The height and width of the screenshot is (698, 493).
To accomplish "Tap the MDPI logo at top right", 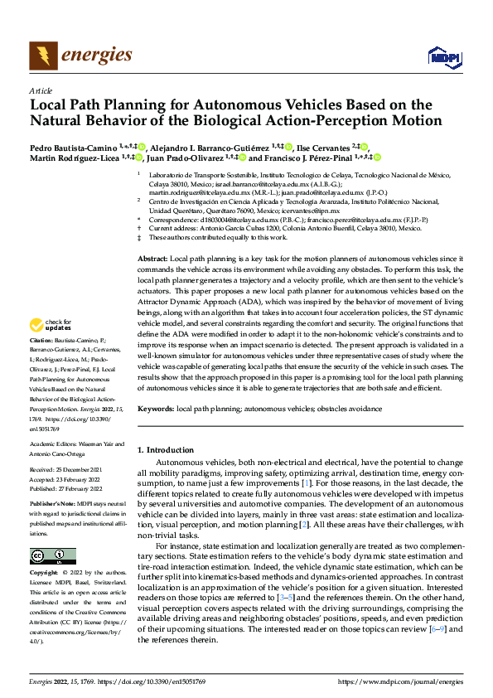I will [443, 56].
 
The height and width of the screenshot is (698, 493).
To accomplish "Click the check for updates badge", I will [49, 324].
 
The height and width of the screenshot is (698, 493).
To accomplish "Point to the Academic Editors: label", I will [54, 444].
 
